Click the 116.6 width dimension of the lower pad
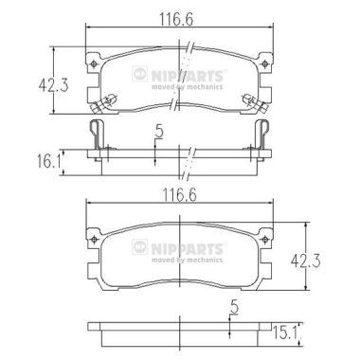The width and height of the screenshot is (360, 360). (x=179, y=195)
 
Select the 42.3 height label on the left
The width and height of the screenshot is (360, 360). (x=53, y=85)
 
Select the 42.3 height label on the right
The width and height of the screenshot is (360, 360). (x=305, y=261)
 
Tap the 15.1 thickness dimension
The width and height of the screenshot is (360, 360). (x=285, y=333)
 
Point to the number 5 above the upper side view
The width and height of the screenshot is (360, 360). (x=160, y=132)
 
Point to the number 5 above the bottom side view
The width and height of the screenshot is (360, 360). (x=234, y=307)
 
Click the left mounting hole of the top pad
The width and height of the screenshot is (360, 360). (x=93, y=64)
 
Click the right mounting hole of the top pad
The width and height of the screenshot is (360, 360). (x=265, y=64)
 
